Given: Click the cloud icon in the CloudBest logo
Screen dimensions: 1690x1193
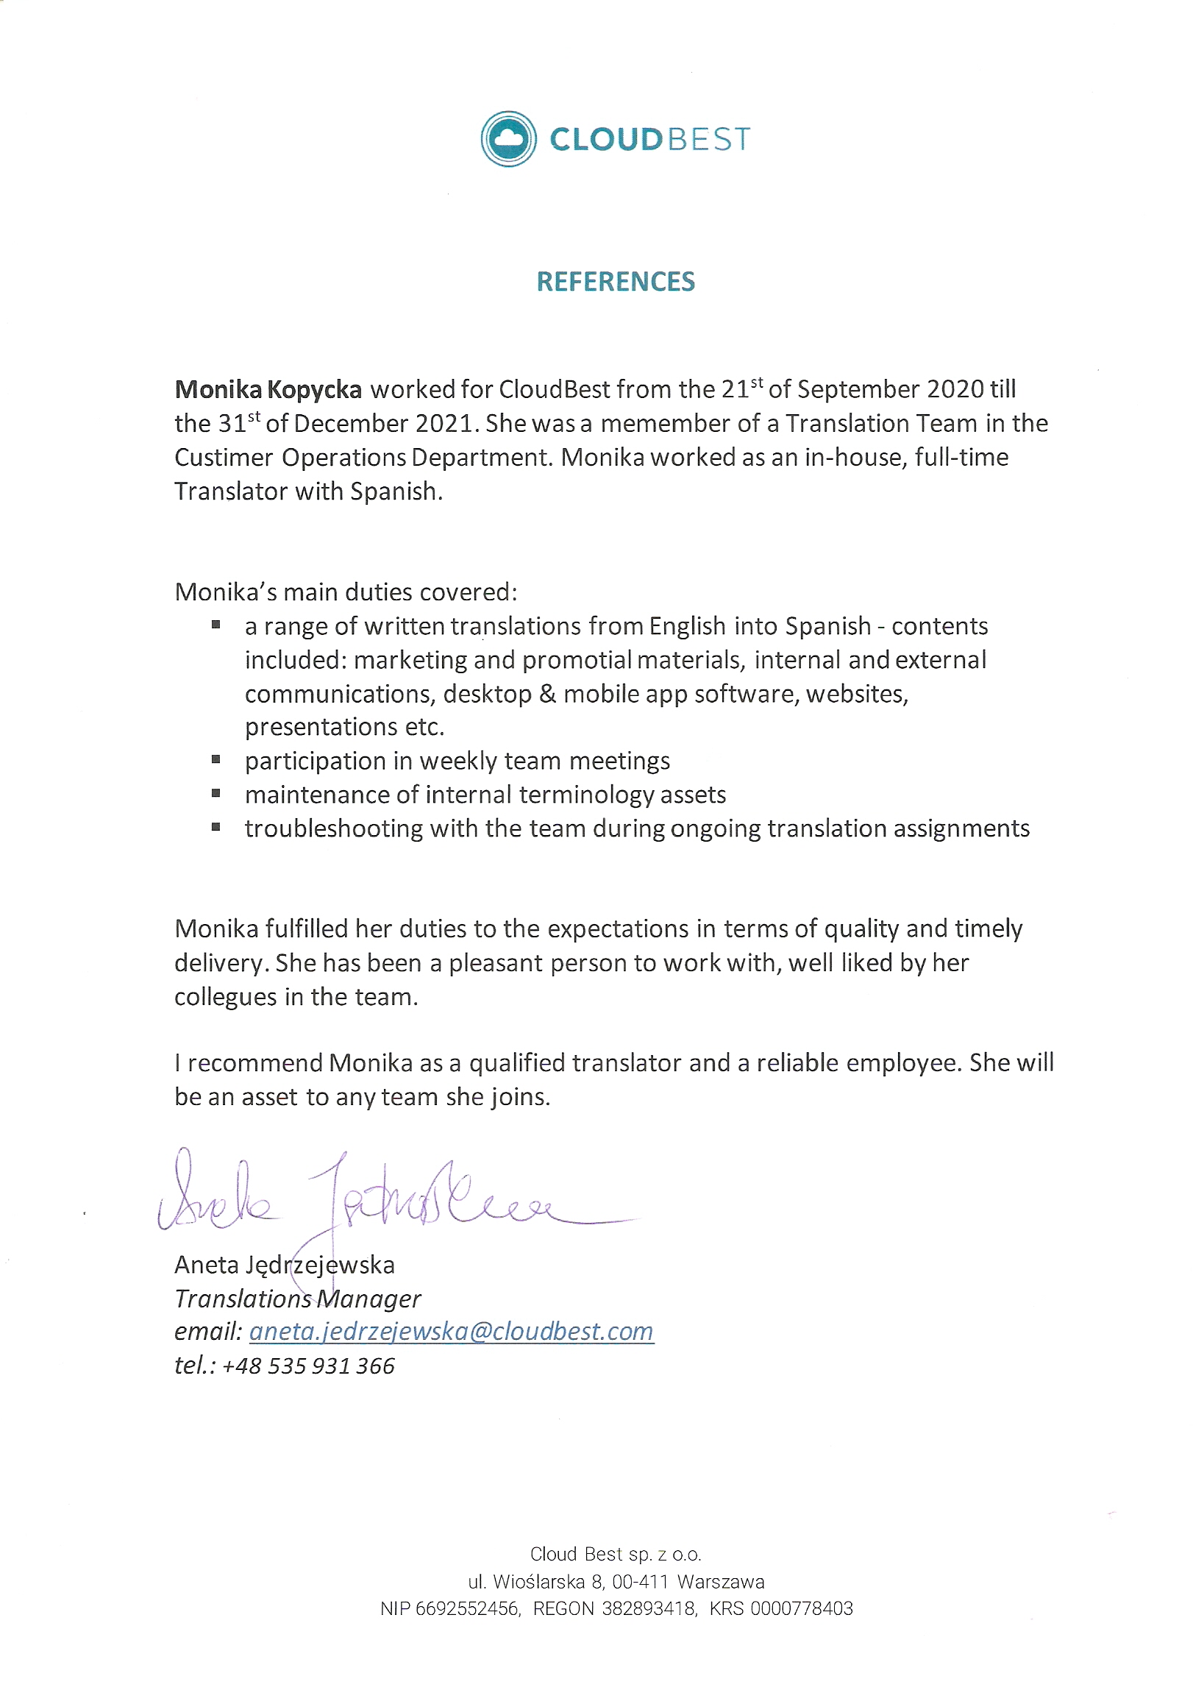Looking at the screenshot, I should [x=508, y=138].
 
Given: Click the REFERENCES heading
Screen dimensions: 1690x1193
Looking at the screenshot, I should [x=616, y=282].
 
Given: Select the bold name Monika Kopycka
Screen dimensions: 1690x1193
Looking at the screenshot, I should [x=268, y=389].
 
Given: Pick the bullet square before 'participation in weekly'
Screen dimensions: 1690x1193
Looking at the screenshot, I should [x=216, y=759].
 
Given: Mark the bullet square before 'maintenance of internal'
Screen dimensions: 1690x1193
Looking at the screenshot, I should [x=216, y=792].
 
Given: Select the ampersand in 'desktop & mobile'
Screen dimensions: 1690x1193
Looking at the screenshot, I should [x=546, y=694].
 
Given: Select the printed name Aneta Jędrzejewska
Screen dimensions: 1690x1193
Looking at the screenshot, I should [x=284, y=1265].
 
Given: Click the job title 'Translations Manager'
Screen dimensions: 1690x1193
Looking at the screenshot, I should [x=297, y=1299].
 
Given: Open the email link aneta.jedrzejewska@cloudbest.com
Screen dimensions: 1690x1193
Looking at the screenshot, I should [x=451, y=1332].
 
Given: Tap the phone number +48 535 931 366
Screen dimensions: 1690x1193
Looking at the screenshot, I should [x=307, y=1366].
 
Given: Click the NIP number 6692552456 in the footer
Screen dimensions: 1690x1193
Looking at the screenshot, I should [x=466, y=1609].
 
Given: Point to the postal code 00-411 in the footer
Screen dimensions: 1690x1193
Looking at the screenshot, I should [x=641, y=1582].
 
